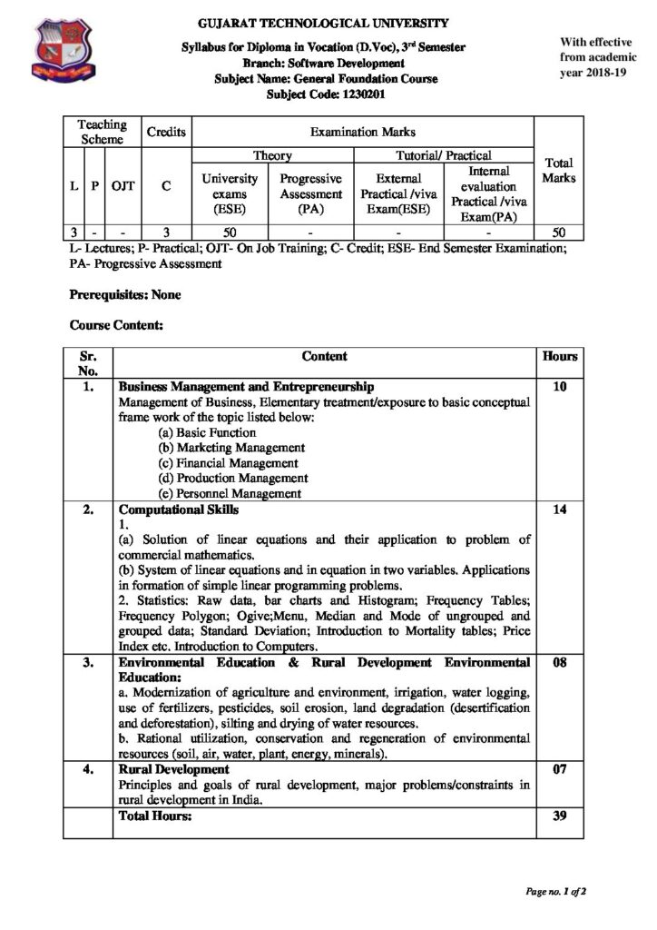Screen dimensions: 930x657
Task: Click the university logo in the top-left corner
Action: [64, 52]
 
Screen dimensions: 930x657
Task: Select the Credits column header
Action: [166, 132]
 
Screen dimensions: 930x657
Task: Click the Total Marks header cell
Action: [558, 171]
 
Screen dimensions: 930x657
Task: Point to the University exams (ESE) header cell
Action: [230, 193]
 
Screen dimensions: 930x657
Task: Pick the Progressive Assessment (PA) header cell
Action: [310, 193]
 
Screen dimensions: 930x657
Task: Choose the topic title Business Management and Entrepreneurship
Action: [247, 386]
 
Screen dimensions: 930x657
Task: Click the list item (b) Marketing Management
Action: [230, 448]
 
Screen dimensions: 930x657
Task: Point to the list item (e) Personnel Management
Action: [229, 494]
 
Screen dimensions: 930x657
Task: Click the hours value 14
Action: [559, 510]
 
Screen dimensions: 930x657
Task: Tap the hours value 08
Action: [559, 663]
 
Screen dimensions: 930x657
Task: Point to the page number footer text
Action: [555, 891]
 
